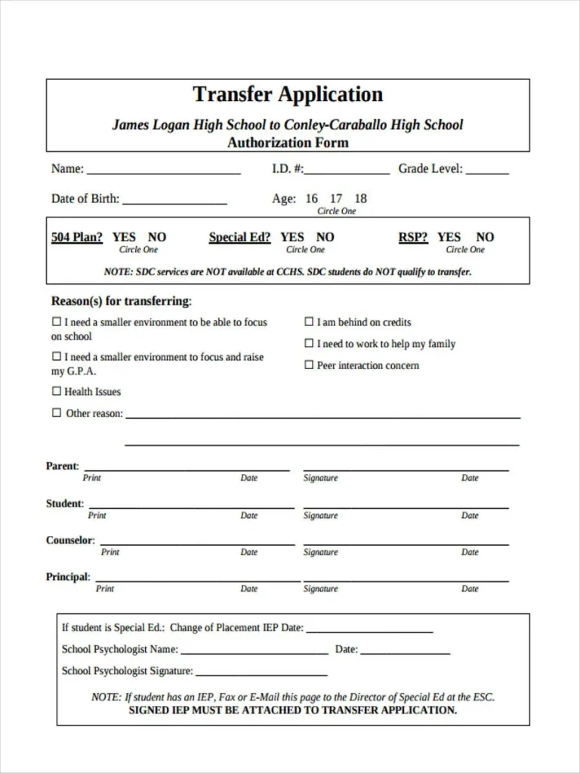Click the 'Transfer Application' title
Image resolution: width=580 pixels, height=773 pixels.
tap(288, 94)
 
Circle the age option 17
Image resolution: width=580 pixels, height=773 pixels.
tap(336, 199)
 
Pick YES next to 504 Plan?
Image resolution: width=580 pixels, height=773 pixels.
tap(124, 237)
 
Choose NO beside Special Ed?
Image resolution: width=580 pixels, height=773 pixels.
tap(325, 237)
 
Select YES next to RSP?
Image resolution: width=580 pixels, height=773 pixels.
tap(449, 237)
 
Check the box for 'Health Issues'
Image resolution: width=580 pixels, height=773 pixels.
tap(56, 391)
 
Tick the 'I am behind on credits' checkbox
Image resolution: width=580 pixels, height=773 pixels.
tap(308, 322)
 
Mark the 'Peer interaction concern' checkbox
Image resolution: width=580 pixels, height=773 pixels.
tap(308, 365)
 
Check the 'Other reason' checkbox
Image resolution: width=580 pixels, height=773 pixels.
tap(56, 413)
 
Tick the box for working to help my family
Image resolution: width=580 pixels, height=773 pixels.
tap(308, 343)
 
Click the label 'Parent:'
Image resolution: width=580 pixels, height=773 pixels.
tap(62, 466)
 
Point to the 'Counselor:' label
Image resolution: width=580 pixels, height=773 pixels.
tap(70, 540)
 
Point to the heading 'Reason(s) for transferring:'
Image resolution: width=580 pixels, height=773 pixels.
tap(121, 301)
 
